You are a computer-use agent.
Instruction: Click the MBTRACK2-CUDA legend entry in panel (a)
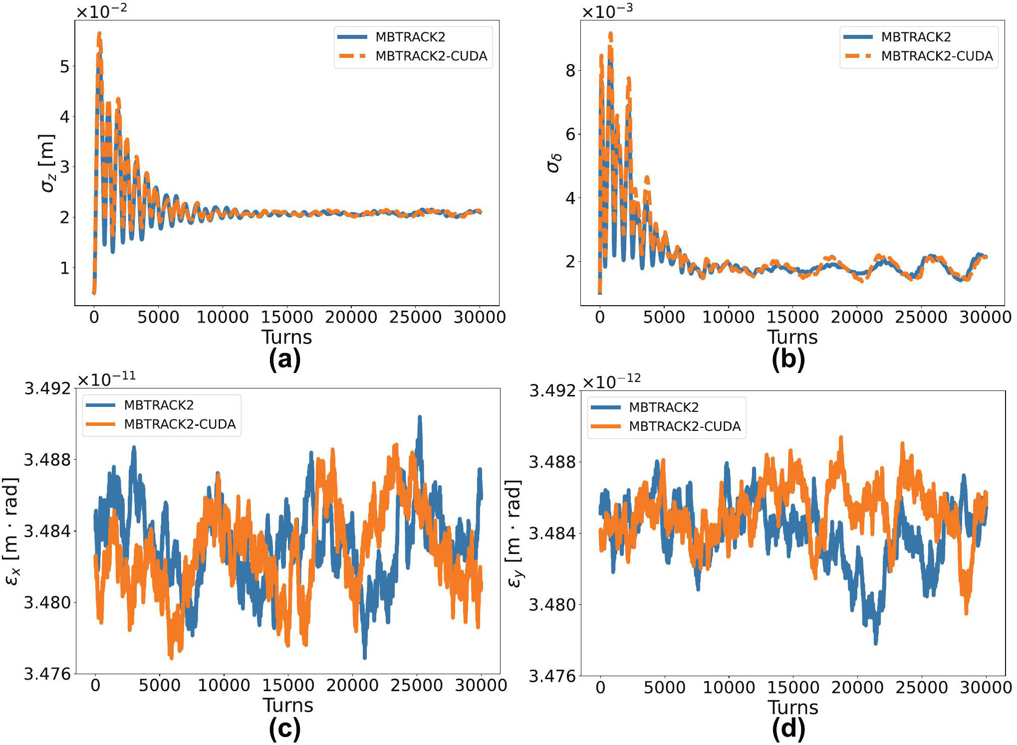click(x=431, y=56)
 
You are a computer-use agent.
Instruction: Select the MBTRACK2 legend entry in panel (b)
click(x=916, y=37)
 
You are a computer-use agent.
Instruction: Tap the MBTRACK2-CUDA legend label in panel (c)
click(x=180, y=424)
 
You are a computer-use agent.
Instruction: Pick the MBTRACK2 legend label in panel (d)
click(x=664, y=407)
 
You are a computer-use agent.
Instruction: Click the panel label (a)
click(x=285, y=360)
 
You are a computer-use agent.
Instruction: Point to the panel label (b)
click(x=788, y=360)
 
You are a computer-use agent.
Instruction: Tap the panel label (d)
click(x=788, y=729)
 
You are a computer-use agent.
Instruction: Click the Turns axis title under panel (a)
click(x=287, y=338)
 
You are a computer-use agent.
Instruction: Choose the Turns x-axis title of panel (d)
click(x=793, y=708)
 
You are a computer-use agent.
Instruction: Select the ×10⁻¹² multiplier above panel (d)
click(x=611, y=381)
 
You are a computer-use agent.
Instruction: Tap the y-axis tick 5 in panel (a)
click(x=64, y=66)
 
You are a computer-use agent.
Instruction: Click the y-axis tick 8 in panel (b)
click(x=570, y=71)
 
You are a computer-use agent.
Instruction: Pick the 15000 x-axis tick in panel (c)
click(x=288, y=685)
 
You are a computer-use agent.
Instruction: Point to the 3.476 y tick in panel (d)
click(x=552, y=676)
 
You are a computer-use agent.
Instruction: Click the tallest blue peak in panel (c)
click(x=420, y=417)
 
